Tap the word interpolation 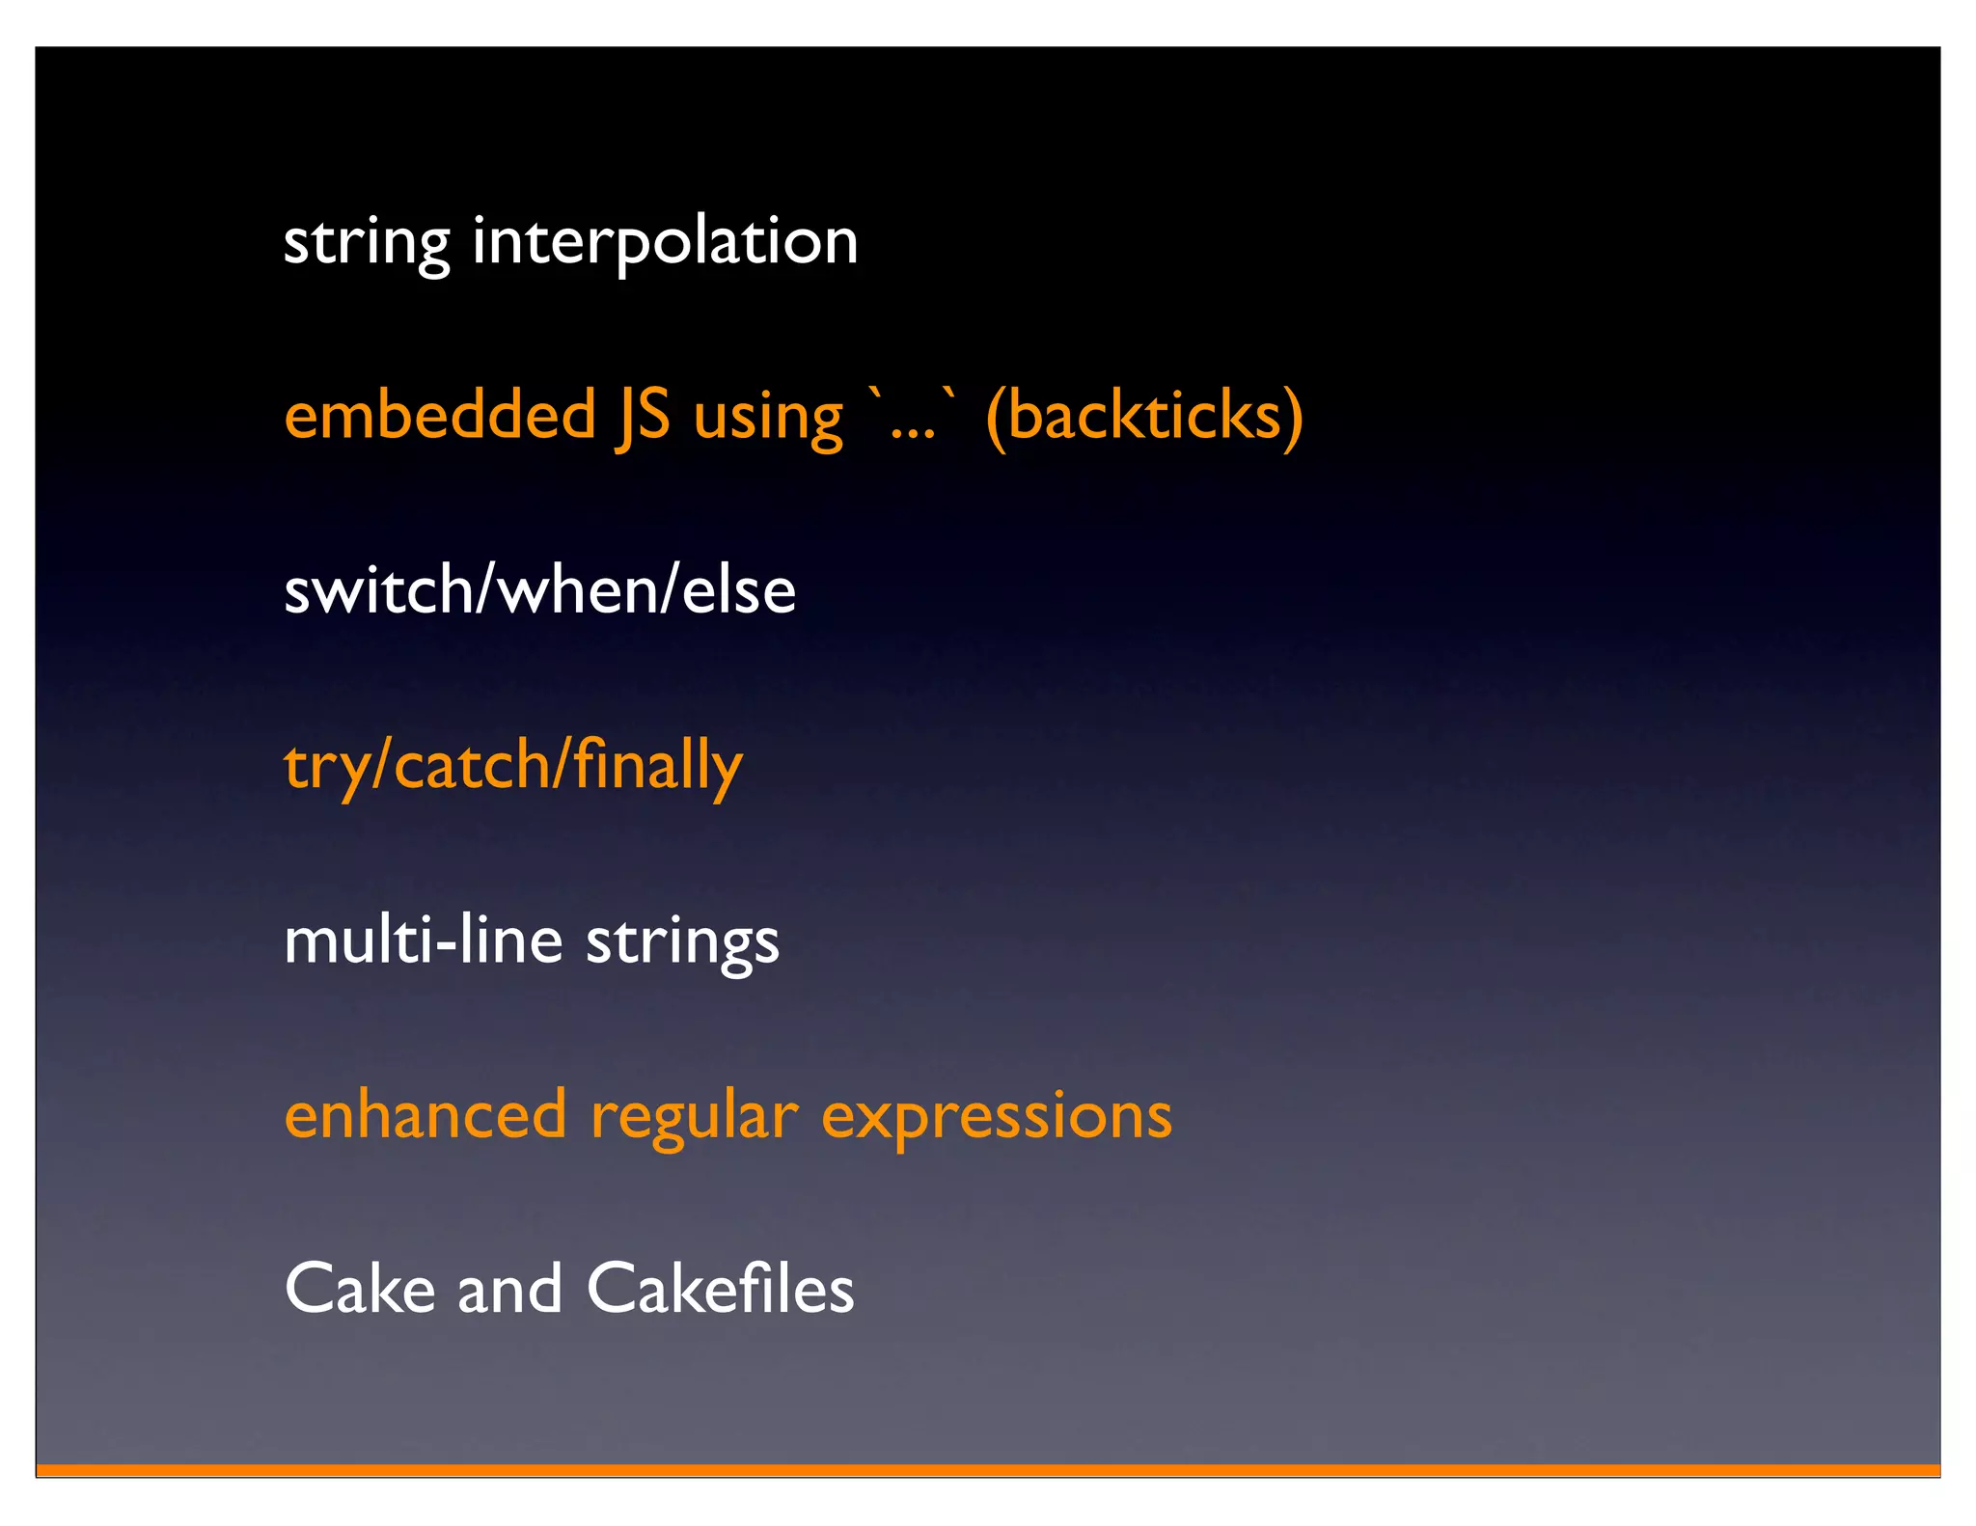665,242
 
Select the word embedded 441,417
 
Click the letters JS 643,417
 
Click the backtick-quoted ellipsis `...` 913,417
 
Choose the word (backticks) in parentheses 1144,417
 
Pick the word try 324,768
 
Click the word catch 472,766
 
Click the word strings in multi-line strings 683,942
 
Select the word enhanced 425,1115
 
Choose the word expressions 997,1117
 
